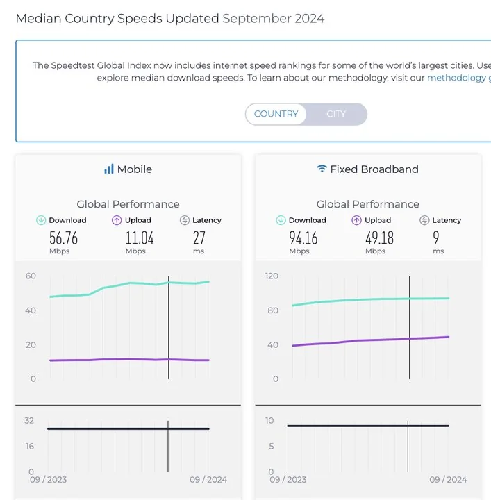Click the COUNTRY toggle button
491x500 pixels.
pyautogui.click(x=276, y=114)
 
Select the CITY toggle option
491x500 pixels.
pyautogui.click(x=336, y=114)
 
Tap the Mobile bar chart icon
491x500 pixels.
pyautogui.click(x=108, y=169)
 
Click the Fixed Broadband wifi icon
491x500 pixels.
pyautogui.click(x=322, y=169)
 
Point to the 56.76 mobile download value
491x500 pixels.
pyautogui.click(x=63, y=238)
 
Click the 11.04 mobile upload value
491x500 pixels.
pyautogui.click(x=139, y=238)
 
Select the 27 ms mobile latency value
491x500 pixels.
pyautogui.click(x=199, y=238)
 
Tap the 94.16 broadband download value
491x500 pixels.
pyautogui.click(x=303, y=238)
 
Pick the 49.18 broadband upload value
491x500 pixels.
pyautogui.click(x=379, y=238)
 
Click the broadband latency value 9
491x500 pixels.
pyautogui.click(x=436, y=238)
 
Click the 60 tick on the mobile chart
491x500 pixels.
pyautogui.click(x=30, y=276)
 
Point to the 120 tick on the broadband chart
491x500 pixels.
pyautogui.click(x=271, y=276)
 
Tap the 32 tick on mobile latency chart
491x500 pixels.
pyautogui.click(x=29, y=420)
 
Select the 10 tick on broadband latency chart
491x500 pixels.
pyautogui.click(x=270, y=420)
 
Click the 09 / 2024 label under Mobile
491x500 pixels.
pyautogui.click(x=208, y=479)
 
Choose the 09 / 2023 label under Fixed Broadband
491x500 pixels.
pyautogui.click(x=288, y=479)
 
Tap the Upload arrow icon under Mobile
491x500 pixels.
pyautogui.click(x=117, y=220)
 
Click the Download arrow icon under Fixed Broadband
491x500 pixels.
pyautogui.click(x=281, y=220)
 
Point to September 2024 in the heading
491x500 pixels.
pyautogui.click(x=273, y=18)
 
